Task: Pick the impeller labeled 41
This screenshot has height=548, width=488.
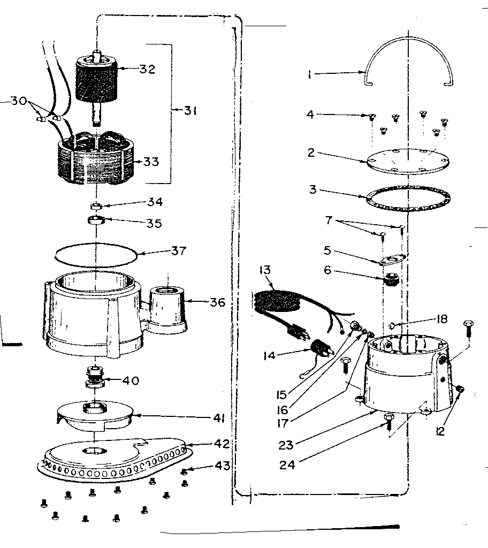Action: coord(95,415)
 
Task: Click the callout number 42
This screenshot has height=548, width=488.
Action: coord(222,444)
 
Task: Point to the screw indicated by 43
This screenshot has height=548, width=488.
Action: coord(185,471)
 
